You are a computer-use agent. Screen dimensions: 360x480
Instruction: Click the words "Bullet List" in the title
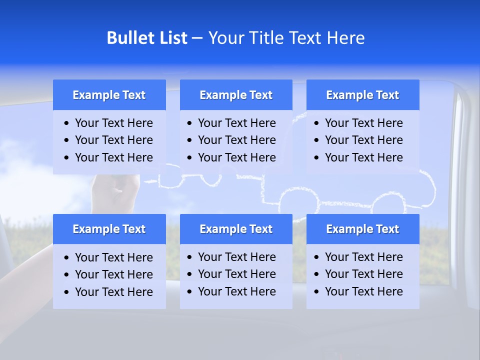(147, 38)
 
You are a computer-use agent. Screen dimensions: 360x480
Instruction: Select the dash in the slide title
(197, 38)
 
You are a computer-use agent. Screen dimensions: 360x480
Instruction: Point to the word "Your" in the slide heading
(226, 38)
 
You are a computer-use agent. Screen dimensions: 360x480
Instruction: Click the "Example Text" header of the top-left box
(109, 95)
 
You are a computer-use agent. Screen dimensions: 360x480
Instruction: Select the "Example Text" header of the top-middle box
(236, 95)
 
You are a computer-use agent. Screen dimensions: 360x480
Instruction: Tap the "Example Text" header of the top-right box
(362, 95)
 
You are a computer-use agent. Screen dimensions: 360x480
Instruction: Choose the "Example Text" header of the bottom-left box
(109, 229)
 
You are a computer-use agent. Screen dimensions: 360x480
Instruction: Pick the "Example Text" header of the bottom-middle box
(236, 229)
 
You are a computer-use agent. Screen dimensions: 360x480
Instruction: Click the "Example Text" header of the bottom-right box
(362, 229)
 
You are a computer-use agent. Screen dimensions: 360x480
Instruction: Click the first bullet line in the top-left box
(113, 123)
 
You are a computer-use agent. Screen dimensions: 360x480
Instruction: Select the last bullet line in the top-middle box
(236, 157)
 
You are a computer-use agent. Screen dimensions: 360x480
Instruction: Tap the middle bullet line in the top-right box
(363, 140)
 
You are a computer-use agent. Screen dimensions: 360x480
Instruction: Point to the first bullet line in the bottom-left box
(113, 257)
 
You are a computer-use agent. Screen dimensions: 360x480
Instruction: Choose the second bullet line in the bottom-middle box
(236, 274)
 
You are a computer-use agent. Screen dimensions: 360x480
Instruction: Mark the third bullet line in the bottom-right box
(363, 291)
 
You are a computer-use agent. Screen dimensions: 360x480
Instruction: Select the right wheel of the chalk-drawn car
(389, 205)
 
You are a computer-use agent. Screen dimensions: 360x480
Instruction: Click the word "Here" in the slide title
(345, 38)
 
